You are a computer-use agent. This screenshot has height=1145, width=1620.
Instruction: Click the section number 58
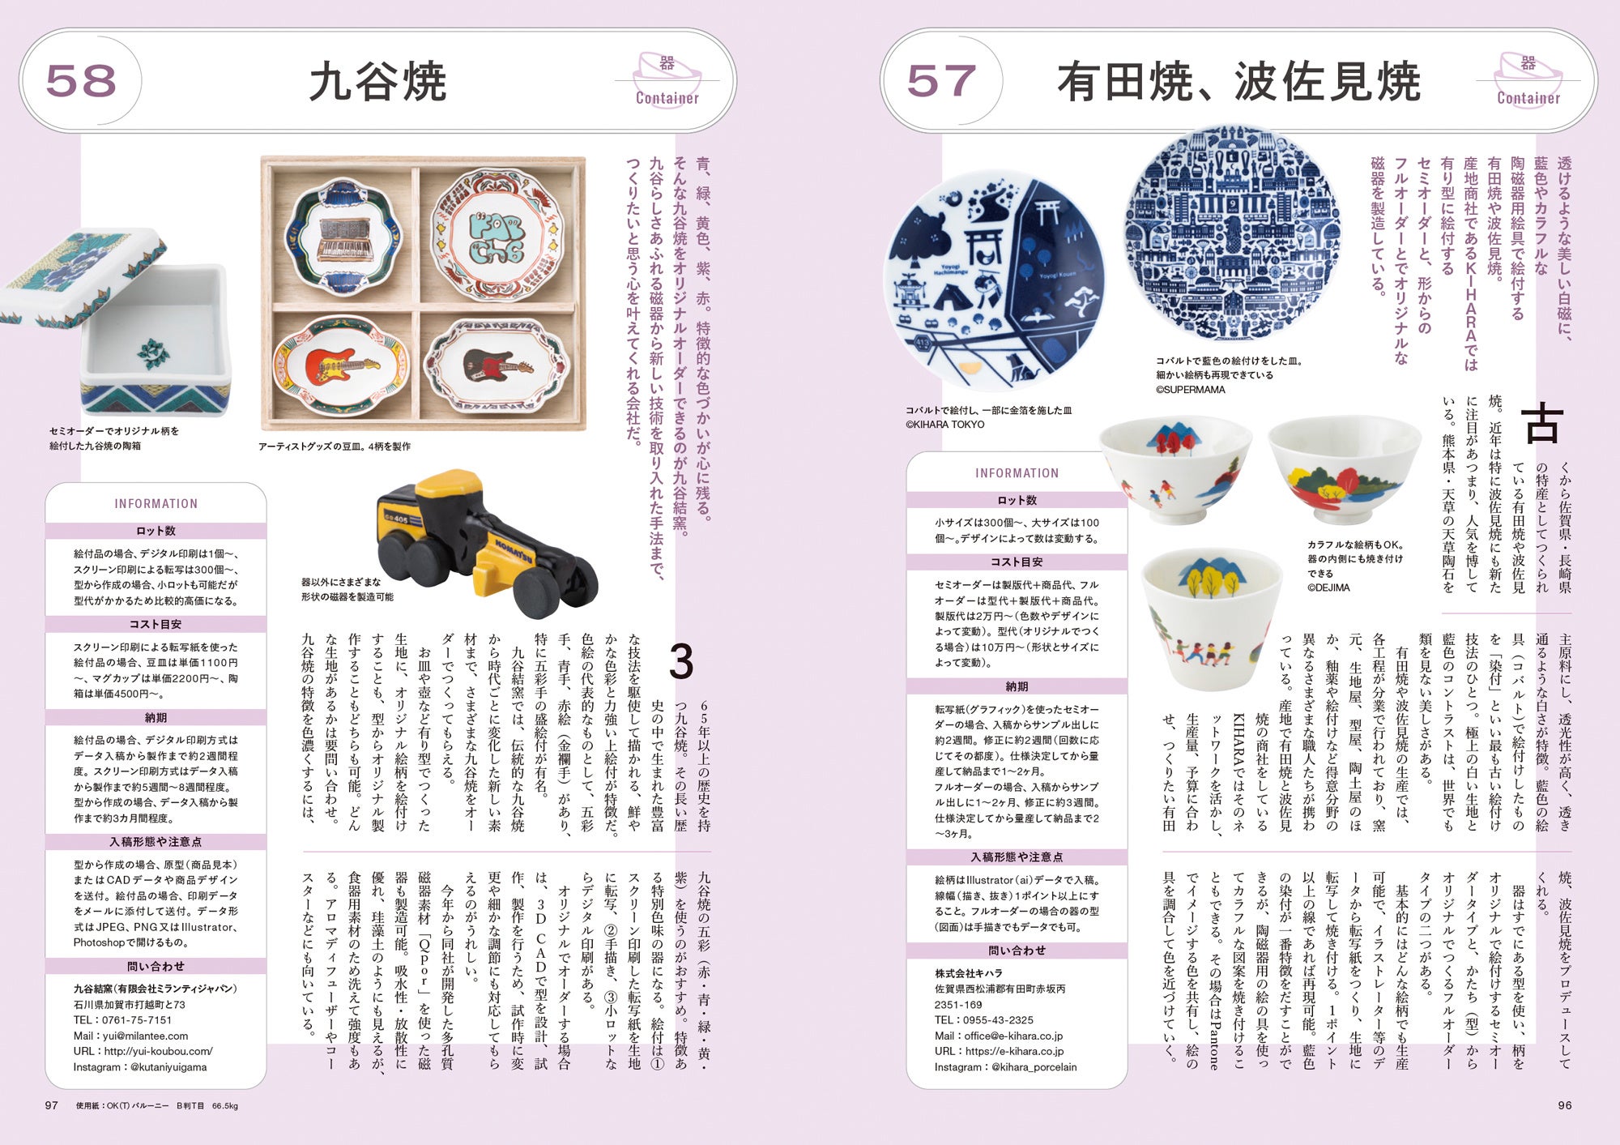(81, 81)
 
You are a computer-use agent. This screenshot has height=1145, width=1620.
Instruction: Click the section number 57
(941, 81)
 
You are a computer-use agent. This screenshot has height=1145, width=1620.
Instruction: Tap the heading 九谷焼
(378, 82)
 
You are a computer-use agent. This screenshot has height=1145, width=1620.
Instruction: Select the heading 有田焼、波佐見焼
(1238, 82)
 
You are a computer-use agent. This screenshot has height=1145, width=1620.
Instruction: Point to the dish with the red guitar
(341, 365)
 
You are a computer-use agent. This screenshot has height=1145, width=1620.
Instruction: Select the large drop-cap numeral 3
(681, 662)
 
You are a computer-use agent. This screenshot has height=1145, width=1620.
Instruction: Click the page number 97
(51, 1105)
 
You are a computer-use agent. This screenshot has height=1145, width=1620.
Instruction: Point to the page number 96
(1565, 1105)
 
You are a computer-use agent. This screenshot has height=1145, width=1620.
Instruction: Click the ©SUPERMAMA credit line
(1191, 390)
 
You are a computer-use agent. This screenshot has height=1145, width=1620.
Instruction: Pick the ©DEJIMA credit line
(1328, 587)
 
